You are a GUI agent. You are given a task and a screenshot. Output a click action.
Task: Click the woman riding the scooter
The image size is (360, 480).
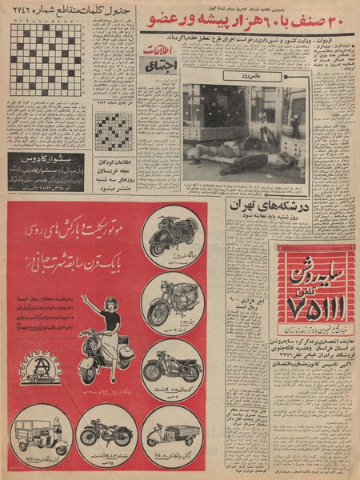tap(103, 336)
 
